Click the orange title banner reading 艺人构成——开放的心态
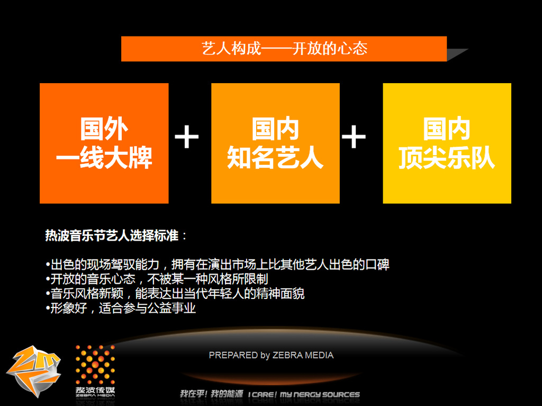pos(284,49)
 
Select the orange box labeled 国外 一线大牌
pos(104,143)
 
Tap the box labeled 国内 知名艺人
pos(275,143)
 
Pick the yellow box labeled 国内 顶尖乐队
pos(447,143)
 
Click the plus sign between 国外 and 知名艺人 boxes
pos(187,137)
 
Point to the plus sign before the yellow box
pos(354,137)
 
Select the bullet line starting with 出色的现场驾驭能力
pos(218,264)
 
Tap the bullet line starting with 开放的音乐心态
pos(157,279)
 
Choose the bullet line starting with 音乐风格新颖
pos(175,294)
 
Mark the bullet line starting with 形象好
pos(121,308)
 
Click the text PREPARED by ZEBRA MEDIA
pos(271,355)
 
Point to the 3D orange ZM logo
pos(33,371)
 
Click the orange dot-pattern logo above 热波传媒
pos(95,365)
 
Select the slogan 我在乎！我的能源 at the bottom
pos(211,394)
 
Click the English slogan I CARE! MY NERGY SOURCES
pos(304,394)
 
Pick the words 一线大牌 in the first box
pos(104,158)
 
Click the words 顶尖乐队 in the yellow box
pos(447,158)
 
